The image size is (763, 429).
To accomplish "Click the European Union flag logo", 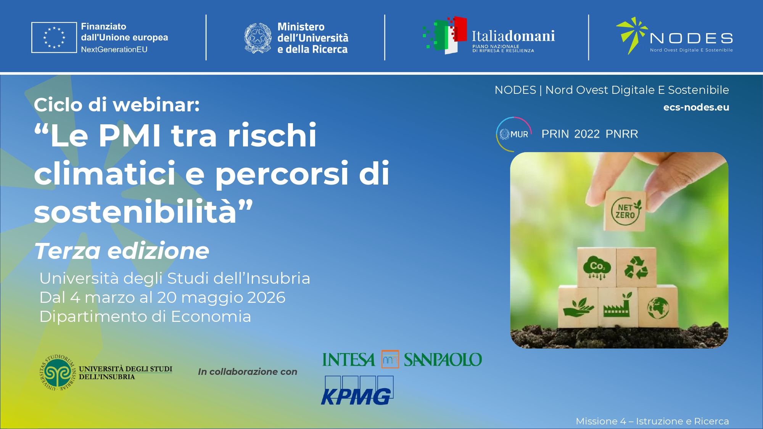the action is click(x=54, y=37).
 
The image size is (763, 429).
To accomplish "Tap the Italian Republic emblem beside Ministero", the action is click(x=258, y=38).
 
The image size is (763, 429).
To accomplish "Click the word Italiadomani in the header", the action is click(x=513, y=36).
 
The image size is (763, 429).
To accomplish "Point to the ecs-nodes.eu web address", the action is click(x=696, y=107).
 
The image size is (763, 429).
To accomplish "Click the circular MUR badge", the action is click(x=514, y=134).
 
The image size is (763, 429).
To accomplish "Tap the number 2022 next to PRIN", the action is click(x=587, y=134).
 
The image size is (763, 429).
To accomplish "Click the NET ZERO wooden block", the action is click(x=625, y=211).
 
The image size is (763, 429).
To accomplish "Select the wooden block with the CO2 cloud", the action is click(x=597, y=267).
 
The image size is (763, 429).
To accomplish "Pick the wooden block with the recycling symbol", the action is click(x=636, y=267).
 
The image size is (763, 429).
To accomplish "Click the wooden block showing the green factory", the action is click(x=617, y=307).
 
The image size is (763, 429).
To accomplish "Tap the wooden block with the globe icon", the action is click(x=658, y=307).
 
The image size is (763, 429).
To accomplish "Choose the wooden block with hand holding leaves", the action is click(x=578, y=307).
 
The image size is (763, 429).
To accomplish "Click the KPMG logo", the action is click(x=357, y=390).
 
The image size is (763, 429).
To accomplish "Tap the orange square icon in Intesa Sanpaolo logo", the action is click(x=390, y=359).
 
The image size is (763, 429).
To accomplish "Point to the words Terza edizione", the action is click(x=122, y=251).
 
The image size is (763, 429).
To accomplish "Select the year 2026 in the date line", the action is click(x=266, y=297).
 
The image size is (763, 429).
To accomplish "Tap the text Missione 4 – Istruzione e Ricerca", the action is click(x=652, y=421).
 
